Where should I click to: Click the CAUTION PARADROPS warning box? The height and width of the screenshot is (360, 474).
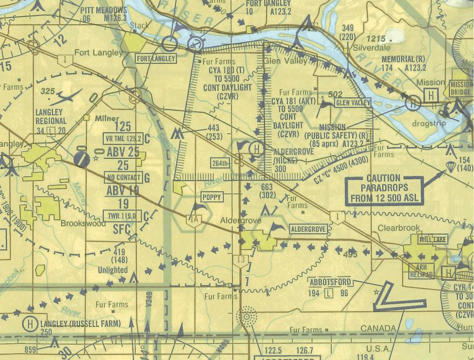click(x=384, y=189)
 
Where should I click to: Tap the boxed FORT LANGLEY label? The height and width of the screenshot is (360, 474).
click(x=156, y=58)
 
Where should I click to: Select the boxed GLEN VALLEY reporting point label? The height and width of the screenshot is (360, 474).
click(x=353, y=103)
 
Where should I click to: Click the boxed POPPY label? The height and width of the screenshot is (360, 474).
click(x=212, y=197)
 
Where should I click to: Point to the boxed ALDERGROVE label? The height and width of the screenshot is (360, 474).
click(x=309, y=229)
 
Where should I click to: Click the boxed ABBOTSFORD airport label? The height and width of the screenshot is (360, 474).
click(x=330, y=283)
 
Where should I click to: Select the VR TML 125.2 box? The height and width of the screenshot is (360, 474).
click(x=122, y=138)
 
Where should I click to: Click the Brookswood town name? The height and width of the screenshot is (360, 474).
click(x=83, y=223)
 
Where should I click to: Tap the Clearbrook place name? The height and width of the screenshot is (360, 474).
click(x=398, y=228)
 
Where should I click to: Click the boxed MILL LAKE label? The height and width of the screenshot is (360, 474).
click(x=433, y=240)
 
